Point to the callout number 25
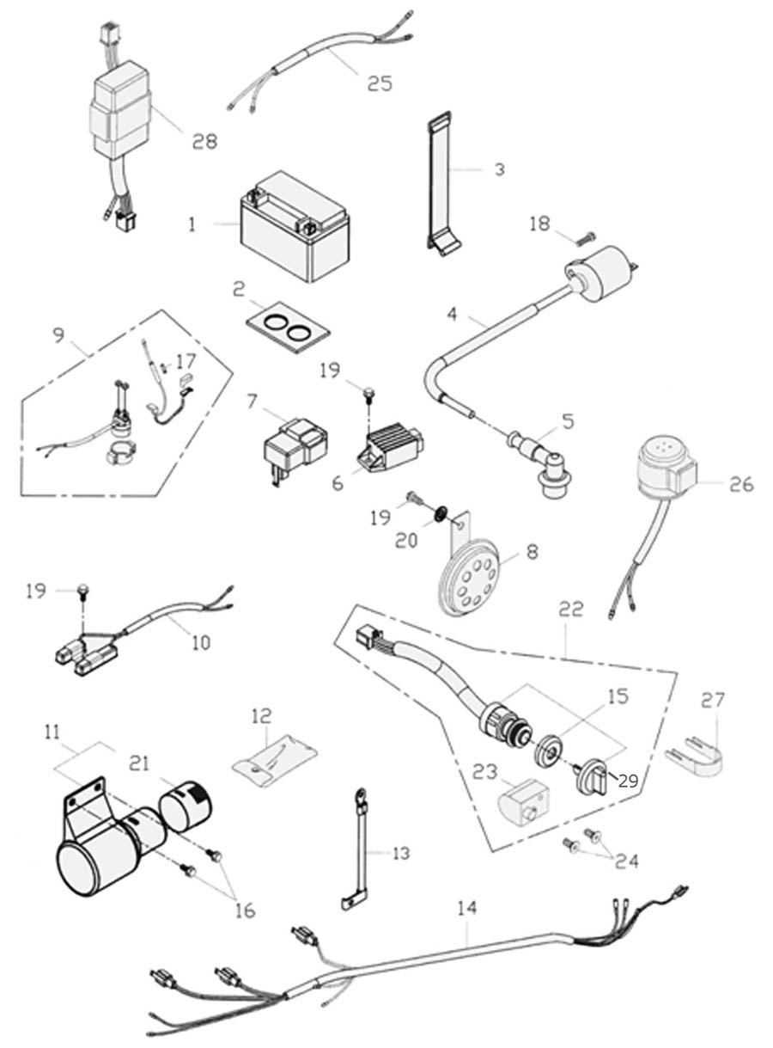[x=379, y=83]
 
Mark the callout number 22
[x=571, y=609]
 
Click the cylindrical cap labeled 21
[x=186, y=805]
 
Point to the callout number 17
[x=186, y=363]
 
